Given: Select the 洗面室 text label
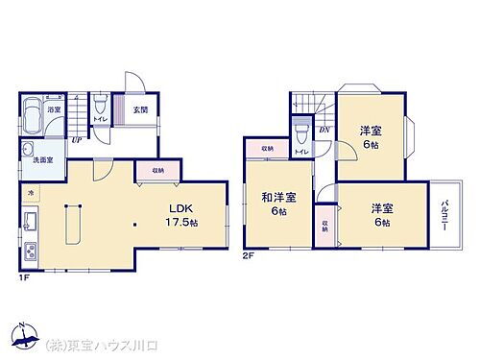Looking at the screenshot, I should (43, 159).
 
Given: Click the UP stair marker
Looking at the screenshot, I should (74, 140).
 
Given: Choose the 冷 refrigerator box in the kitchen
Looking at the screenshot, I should (29, 193).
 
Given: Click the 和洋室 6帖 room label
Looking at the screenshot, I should (278, 204).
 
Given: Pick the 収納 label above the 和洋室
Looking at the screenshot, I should (266, 149).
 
